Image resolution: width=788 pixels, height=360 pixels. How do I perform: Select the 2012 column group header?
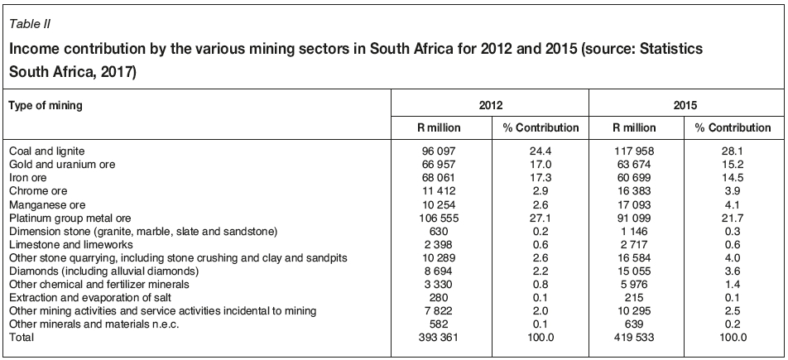click(x=490, y=106)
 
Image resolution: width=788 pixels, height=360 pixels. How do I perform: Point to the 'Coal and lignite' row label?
click(x=47, y=151)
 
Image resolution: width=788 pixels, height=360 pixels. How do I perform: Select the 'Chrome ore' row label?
click(x=37, y=190)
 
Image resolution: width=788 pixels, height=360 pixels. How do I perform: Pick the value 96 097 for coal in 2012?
click(x=440, y=151)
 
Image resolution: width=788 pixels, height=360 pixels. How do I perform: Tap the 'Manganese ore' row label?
click(x=46, y=203)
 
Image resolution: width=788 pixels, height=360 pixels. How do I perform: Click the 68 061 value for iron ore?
click(x=440, y=177)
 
